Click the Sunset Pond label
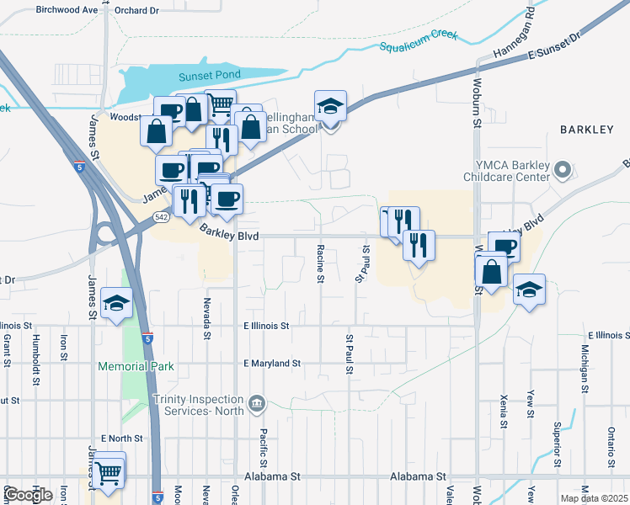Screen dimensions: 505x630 (x=210, y=76)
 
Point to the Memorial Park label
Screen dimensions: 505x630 (x=136, y=366)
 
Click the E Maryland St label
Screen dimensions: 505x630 (x=272, y=364)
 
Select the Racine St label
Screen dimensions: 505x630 (x=321, y=263)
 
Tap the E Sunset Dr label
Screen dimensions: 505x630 (x=556, y=48)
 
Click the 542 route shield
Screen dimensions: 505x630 (x=162, y=217)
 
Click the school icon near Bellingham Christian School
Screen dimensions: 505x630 (x=331, y=108)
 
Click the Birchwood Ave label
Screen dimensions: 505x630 (x=67, y=10)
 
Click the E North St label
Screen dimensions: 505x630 (x=122, y=439)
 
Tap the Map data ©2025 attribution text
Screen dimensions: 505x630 (x=593, y=498)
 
